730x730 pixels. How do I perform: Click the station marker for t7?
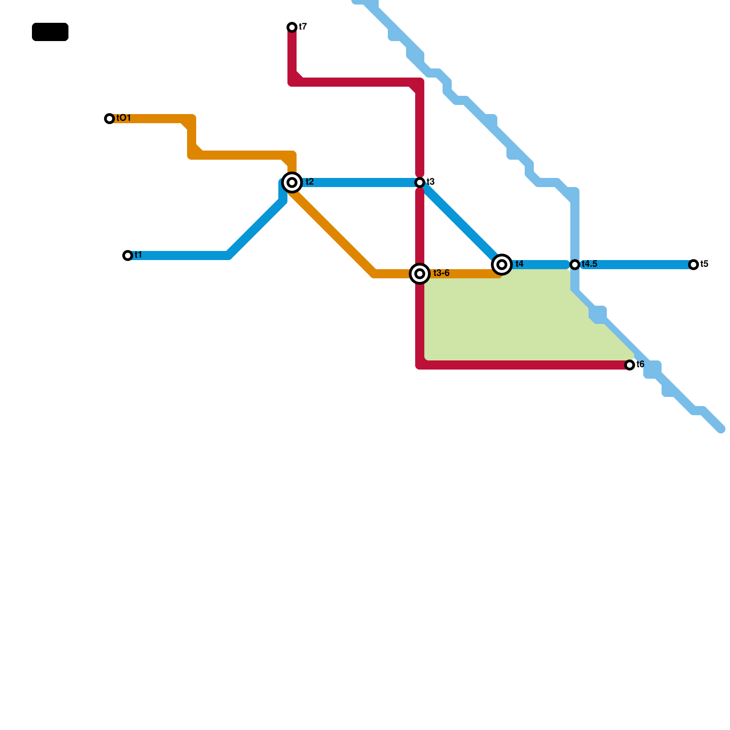(292, 27)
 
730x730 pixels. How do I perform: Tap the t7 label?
(303, 27)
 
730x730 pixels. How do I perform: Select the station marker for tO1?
(109, 119)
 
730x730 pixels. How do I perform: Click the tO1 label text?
(124, 118)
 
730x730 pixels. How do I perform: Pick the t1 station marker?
(128, 255)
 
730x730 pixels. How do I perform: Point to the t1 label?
(138, 255)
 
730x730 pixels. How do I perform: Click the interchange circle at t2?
(292, 182)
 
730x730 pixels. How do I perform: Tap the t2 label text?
(309, 182)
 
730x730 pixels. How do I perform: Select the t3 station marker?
(420, 182)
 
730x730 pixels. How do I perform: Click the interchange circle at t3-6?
(420, 274)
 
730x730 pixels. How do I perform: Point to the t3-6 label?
(441, 273)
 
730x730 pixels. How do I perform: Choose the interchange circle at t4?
(502, 264)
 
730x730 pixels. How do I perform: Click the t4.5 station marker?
(575, 265)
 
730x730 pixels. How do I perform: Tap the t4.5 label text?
(589, 264)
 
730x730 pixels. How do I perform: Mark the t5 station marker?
(693, 265)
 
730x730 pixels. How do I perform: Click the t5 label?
(704, 264)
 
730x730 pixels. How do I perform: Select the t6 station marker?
(630, 365)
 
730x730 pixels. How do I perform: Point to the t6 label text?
(640, 365)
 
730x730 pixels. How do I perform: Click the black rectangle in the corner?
(50, 32)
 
